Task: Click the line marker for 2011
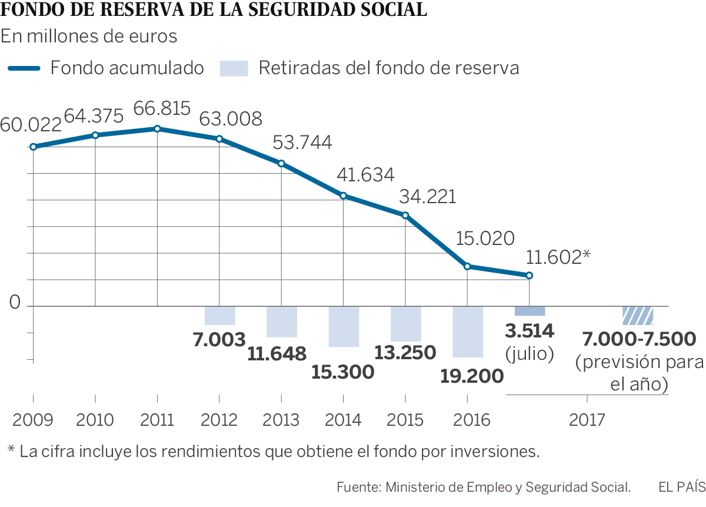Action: pos(157,129)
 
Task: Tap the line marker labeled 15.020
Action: pos(467,267)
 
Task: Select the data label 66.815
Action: pos(162,109)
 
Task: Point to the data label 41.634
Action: pos(365,174)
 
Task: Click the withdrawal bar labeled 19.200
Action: pos(468,332)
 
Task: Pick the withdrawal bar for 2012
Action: pos(219,316)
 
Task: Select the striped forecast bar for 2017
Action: pos(638,316)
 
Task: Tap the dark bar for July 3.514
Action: pos(529,311)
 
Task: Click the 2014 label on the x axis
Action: pos(343,420)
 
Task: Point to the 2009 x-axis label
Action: pos(33,420)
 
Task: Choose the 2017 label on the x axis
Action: pos(587,420)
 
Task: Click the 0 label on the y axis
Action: pos(15,304)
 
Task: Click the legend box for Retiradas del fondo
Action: pos(234,68)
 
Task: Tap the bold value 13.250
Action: pos(405,352)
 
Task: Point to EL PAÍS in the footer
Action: pos(681,487)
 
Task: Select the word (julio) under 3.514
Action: pos(529,354)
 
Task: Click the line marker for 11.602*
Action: pos(529,276)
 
